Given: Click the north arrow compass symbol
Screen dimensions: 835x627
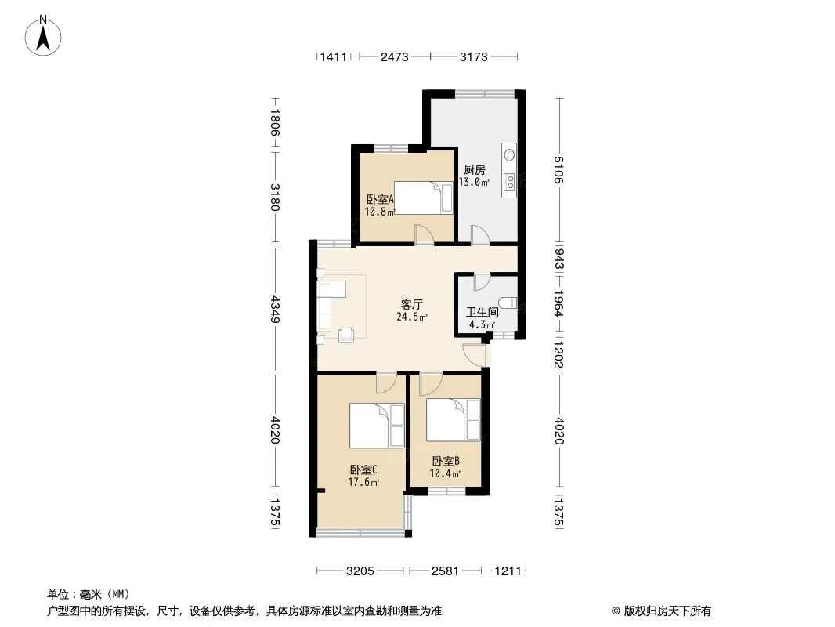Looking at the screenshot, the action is tap(43, 36).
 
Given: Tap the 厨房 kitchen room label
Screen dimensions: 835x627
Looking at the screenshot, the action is tap(474, 170).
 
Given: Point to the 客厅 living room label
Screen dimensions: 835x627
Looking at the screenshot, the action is tap(412, 305).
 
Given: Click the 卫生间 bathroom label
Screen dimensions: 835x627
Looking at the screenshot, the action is tap(482, 313).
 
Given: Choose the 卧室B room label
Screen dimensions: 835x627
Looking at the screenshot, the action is tap(446, 462).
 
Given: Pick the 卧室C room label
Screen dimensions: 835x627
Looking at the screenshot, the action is tap(363, 470).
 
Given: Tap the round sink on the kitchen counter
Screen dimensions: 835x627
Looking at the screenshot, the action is tap(510, 155).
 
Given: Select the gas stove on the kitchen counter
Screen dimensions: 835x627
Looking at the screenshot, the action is tap(510, 182).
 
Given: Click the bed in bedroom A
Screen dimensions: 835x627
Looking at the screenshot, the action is tap(423, 198).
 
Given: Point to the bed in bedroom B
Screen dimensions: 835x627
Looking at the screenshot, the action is tap(454, 420).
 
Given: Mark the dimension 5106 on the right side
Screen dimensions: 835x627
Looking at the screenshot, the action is tap(558, 170).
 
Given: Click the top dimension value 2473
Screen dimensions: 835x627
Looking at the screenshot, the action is tap(394, 56).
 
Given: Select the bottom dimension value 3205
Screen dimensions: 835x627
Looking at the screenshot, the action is tap(360, 571).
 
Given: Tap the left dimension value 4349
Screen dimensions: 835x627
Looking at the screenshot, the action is tap(275, 310).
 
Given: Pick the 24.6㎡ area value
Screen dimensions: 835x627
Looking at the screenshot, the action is tap(412, 317).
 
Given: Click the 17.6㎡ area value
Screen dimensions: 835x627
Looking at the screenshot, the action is tap(363, 483).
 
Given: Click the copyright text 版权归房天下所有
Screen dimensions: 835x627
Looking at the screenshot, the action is tap(667, 611).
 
